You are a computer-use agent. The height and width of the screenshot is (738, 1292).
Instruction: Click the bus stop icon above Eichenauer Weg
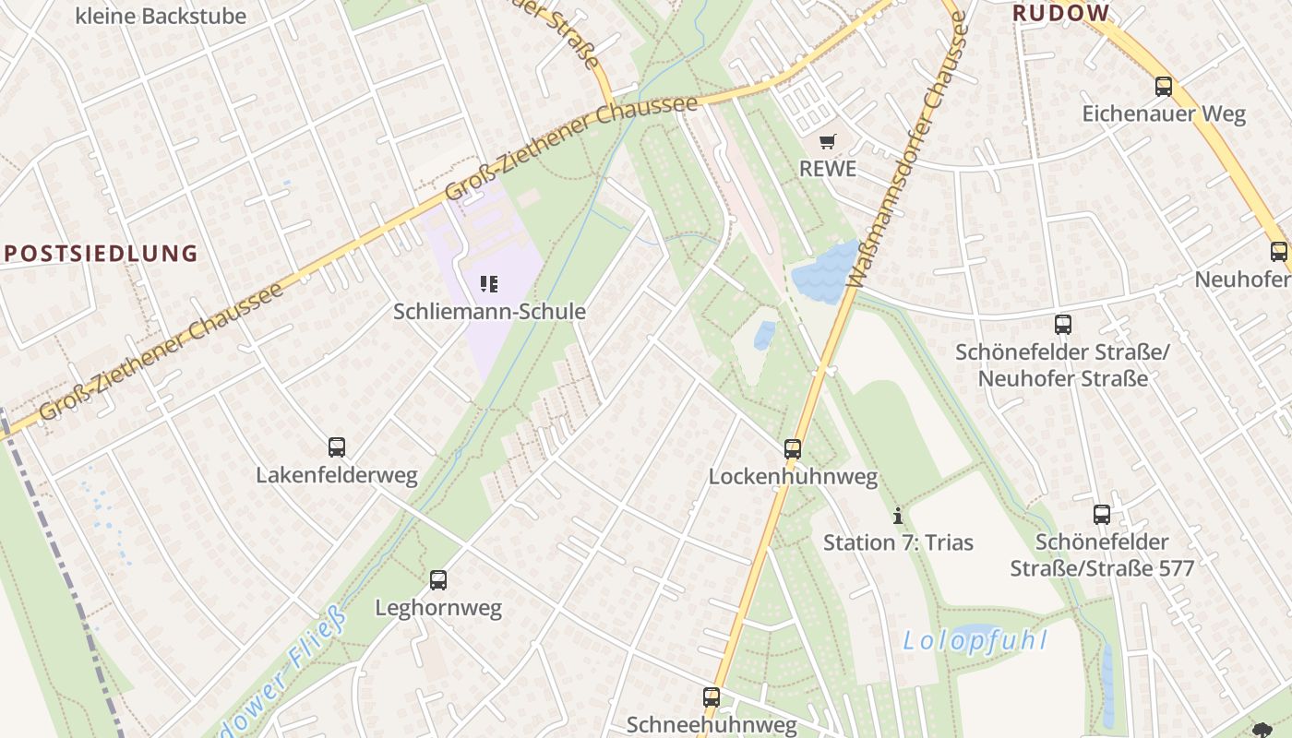[1163, 87]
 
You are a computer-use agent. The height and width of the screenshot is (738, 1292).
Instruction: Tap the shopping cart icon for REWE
[828, 141]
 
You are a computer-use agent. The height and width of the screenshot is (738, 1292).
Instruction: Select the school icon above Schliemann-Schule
[489, 283]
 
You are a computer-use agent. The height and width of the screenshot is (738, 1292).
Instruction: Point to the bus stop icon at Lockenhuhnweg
[793, 449]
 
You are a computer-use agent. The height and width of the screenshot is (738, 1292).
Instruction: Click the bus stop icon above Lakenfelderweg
[337, 447]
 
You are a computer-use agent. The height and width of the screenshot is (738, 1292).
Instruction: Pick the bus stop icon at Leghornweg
[438, 580]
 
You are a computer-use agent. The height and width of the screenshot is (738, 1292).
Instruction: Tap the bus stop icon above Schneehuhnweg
[711, 697]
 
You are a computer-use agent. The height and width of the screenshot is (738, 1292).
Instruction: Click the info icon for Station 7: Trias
[897, 516]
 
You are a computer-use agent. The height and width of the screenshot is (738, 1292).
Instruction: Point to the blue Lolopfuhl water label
[975, 640]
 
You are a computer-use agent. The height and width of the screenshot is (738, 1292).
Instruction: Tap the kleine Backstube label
[161, 16]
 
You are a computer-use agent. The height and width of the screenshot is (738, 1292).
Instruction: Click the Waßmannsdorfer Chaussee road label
[907, 152]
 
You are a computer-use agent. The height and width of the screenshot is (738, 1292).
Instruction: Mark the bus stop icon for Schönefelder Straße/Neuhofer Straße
[1063, 325]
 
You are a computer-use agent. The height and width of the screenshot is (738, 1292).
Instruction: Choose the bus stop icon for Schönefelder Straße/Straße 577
[1102, 515]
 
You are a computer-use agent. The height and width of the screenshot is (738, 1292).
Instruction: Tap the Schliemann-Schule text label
[489, 312]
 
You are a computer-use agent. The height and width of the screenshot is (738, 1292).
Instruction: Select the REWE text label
[828, 169]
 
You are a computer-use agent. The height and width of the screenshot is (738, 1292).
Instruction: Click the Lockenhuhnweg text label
[793, 477]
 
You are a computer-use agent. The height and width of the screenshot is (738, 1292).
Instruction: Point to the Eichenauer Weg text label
[1163, 114]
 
